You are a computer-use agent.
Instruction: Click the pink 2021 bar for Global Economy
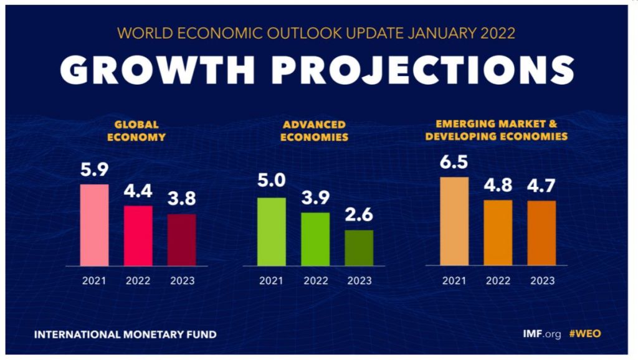tap(94, 225)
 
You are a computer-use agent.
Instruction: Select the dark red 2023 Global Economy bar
tap(181, 240)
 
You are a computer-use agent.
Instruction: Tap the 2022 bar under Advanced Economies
tap(315, 239)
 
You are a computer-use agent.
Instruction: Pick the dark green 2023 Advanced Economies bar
tap(359, 248)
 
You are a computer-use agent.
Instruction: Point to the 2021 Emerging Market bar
tap(454, 221)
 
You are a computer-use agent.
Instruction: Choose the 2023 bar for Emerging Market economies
tap(541, 233)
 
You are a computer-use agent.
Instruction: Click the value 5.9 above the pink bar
tap(94, 169)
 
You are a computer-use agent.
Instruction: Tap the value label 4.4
tap(138, 191)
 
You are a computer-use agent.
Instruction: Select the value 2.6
tap(359, 216)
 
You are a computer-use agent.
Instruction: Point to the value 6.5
tap(454, 163)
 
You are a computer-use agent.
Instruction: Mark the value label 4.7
tap(541, 186)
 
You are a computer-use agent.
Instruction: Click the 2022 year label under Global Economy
tap(138, 281)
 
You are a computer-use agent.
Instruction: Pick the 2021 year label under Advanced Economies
tap(271, 281)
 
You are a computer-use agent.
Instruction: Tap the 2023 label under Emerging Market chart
tap(542, 281)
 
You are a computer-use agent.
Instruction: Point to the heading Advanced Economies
tap(314, 130)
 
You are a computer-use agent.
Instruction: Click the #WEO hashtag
tap(585, 334)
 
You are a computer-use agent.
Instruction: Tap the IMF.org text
tap(542, 334)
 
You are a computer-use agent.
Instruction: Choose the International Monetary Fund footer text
tap(125, 334)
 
